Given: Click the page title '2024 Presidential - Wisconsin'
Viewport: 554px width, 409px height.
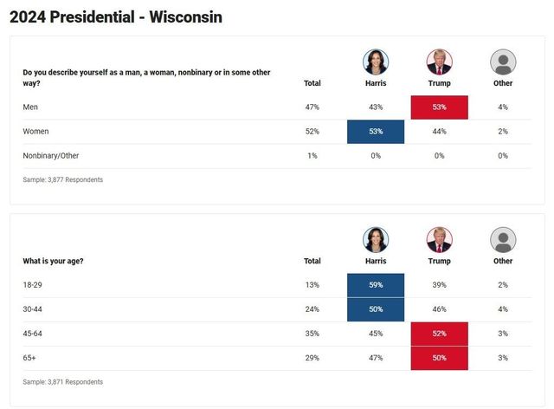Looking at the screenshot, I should tap(116, 16).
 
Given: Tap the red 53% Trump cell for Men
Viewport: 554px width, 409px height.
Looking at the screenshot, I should tap(439, 107).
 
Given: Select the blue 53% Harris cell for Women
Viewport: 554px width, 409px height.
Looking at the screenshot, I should tap(375, 132).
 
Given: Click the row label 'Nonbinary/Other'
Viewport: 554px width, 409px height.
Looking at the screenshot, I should tap(50, 156).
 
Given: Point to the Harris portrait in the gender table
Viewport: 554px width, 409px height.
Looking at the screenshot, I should tap(376, 62).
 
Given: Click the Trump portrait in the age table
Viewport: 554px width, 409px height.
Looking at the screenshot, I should tap(439, 240).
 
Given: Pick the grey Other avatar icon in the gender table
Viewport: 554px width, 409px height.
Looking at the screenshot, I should tap(503, 62).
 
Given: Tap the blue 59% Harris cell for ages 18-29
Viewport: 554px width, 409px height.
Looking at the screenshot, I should tap(375, 285).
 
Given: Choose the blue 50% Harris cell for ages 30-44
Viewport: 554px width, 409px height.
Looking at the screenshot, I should tap(375, 309).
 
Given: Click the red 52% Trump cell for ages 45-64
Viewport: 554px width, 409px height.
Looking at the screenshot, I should tap(439, 334).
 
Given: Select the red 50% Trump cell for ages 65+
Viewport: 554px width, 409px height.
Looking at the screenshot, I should tap(439, 358).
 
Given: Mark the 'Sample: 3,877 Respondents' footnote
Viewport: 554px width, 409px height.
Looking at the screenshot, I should tap(62, 180).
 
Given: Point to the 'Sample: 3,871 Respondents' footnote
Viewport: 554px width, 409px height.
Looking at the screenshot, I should tap(62, 382).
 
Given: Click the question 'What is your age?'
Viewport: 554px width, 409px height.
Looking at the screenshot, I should tap(53, 261).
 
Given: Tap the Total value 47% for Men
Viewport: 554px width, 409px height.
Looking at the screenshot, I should tap(312, 107).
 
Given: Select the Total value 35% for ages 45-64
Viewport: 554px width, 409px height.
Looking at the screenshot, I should tap(312, 334).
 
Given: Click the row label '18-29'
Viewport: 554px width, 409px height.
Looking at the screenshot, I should tap(32, 285).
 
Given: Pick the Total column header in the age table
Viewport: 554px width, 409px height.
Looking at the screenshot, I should tap(312, 261).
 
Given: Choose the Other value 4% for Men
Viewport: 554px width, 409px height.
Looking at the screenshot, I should tap(503, 107).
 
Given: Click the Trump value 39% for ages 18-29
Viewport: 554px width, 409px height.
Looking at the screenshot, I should tap(439, 285).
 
